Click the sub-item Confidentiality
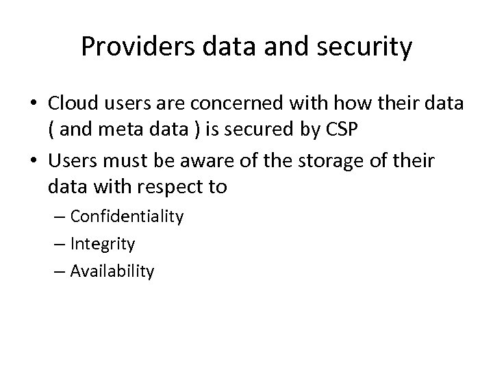click(x=127, y=217)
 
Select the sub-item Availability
click(x=112, y=271)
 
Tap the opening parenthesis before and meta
click(x=52, y=132)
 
